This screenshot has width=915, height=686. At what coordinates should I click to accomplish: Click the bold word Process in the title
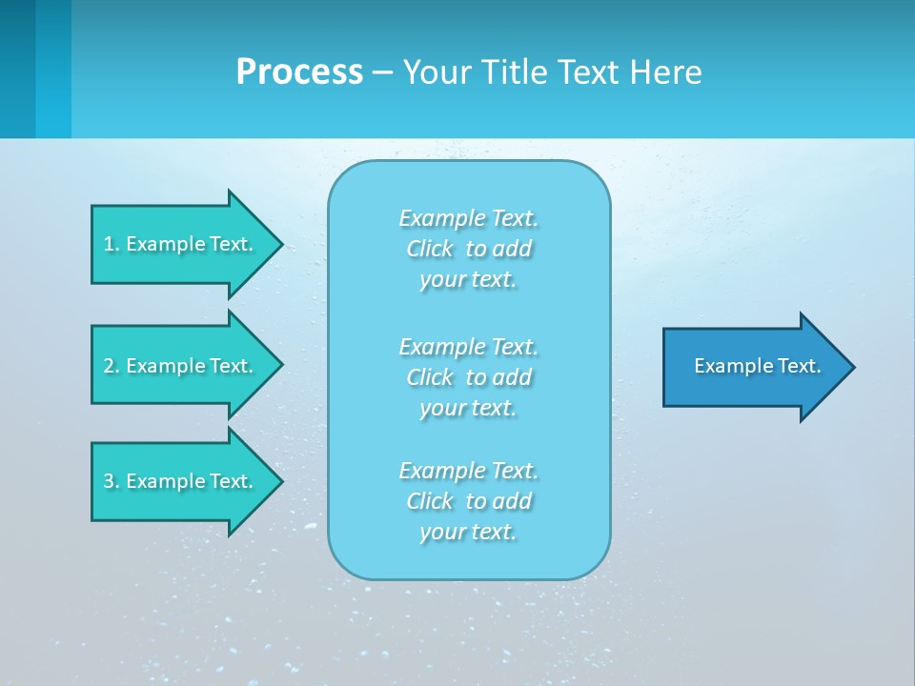coord(299,72)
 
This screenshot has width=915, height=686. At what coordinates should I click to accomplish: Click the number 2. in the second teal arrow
coord(112,366)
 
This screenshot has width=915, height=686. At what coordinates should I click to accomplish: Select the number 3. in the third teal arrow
coord(112,481)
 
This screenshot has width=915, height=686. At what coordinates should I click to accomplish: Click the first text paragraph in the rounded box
coord(469,249)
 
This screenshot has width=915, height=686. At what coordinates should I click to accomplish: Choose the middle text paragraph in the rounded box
coord(469,377)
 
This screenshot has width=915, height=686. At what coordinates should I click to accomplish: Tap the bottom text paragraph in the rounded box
coord(469,501)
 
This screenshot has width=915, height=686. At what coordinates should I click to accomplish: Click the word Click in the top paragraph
coord(430,249)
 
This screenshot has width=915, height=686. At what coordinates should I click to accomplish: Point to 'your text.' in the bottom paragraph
coord(468,532)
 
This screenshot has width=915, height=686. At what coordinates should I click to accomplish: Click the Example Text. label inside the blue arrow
coord(757,366)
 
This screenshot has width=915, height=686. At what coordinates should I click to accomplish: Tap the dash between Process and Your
coord(383,72)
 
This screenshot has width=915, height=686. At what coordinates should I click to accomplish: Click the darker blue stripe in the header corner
coord(18,69)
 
